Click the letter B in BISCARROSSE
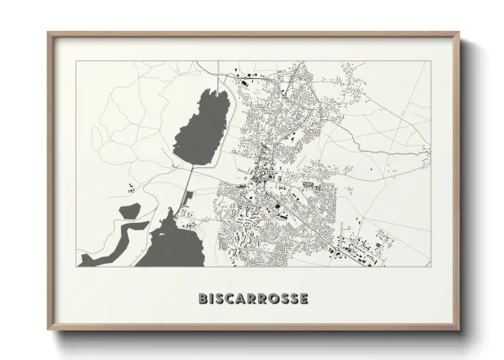203,299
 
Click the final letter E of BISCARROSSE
304,299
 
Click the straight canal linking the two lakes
187,183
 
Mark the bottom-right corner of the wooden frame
459,330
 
